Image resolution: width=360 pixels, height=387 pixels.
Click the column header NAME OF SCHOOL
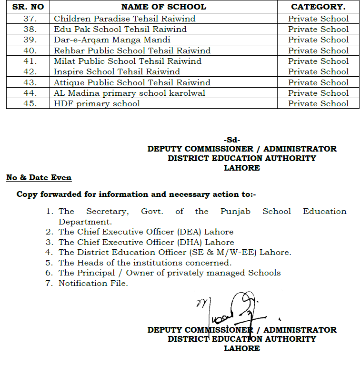coord(163,7)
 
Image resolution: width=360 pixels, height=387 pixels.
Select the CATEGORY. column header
coord(318,7)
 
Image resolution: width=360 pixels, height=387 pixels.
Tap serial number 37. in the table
coord(30,19)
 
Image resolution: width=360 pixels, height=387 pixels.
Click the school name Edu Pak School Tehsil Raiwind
coord(120,29)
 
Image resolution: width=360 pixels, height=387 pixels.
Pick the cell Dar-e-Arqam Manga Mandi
coord(112,40)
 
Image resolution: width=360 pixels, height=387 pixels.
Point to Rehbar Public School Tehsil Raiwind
coord(132,51)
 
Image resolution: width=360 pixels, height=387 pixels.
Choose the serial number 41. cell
coord(30,61)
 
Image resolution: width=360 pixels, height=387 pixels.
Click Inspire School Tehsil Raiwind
coord(117,71)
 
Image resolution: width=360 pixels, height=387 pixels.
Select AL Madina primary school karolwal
coord(130,93)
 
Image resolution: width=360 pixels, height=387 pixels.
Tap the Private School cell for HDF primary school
coord(318,103)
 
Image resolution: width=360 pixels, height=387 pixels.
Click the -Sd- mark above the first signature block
coord(232,140)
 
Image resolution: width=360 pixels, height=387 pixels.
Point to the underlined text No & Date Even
coord(39,178)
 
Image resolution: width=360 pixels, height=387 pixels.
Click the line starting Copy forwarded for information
coord(136,194)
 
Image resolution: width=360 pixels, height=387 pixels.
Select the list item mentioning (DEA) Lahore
coord(146,232)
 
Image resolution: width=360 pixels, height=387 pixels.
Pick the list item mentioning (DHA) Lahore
coord(146,242)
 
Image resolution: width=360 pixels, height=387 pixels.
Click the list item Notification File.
coord(93,283)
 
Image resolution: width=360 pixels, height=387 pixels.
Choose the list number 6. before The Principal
coord(49,273)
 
